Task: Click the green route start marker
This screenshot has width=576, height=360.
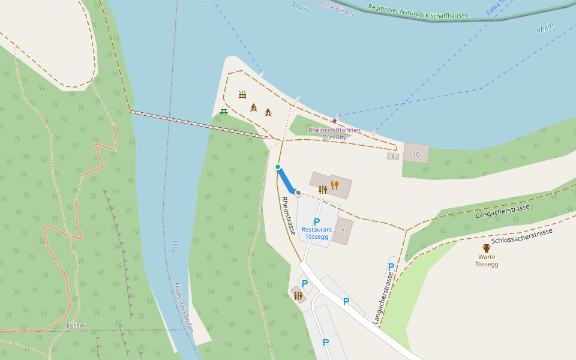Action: (278, 167)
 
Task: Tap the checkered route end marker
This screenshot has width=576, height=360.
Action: (298, 193)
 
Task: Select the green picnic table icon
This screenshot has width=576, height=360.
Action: (224, 112)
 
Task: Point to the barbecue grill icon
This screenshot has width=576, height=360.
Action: (242, 95)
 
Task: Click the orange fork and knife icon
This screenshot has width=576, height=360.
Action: (335, 185)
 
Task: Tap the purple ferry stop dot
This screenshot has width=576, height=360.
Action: (335, 121)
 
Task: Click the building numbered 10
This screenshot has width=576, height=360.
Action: (416, 154)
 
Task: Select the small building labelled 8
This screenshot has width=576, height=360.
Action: (393, 157)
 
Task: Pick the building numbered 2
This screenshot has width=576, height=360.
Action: (343, 231)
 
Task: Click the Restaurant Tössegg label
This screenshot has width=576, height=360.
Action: (316, 233)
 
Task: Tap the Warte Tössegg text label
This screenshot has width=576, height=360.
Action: (487, 260)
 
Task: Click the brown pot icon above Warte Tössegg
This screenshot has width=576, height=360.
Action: (487, 248)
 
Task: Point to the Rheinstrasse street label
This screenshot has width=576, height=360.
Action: (288, 216)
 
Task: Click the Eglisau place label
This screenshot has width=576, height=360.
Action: (76, 325)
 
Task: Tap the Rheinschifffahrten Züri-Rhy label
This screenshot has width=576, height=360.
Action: (334, 133)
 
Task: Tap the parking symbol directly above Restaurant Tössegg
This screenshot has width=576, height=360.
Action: (317, 221)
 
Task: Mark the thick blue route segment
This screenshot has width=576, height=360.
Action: (286, 180)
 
